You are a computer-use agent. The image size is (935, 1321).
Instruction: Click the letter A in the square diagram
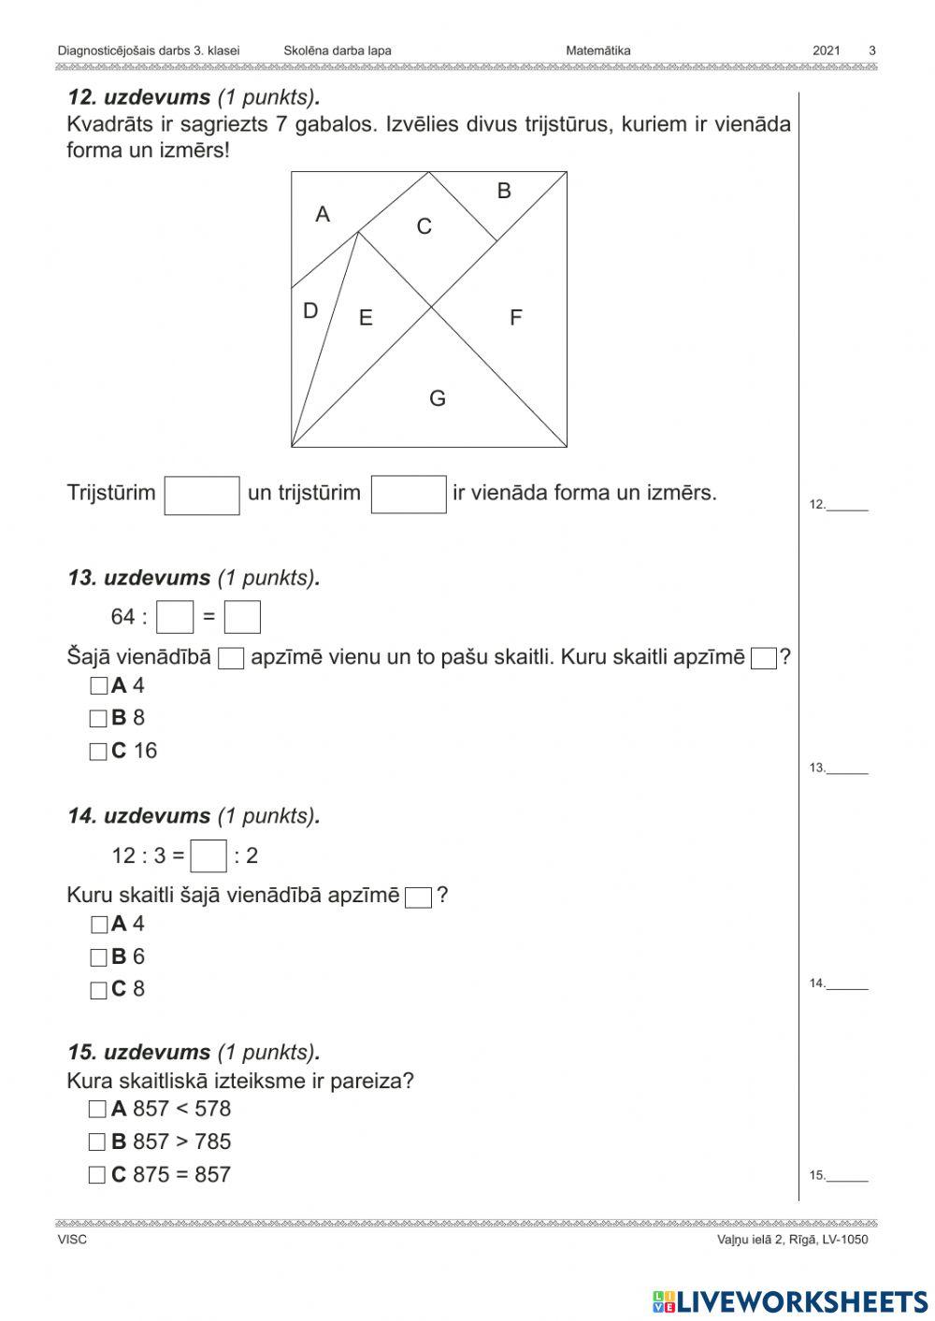(x=323, y=215)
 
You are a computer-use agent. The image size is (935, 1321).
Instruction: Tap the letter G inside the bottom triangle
(x=438, y=399)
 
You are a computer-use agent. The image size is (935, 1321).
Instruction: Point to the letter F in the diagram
(x=515, y=318)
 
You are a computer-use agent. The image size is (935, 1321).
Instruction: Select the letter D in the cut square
(x=310, y=311)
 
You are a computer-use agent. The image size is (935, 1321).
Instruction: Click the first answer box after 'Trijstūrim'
(x=202, y=495)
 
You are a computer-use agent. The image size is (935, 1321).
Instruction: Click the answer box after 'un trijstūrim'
(x=409, y=495)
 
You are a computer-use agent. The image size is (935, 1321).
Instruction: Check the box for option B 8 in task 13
(x=98, y=719)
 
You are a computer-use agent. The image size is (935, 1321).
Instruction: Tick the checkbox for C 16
(x=98, y=752)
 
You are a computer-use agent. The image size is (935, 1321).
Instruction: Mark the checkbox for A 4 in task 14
(x=99, y=925)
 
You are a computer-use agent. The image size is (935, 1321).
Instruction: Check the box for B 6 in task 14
(x=99, y=957)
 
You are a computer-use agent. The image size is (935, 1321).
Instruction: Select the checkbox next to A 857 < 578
(x=97, y=1110)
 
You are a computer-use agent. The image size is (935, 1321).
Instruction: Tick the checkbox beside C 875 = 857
(x=97, y=1175)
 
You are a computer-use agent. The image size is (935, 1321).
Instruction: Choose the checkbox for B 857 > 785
(x=97, y=1142)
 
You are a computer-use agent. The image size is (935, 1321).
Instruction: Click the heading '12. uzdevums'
(x=139, y=98)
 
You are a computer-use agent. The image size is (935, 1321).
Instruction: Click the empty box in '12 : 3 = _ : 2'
(x=209, y=856)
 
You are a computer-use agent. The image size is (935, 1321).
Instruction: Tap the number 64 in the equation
(x=123, y=617)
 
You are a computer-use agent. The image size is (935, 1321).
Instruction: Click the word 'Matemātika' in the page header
(x=597, y=51)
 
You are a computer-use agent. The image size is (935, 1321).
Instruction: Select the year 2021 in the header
(x=827, y=51)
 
